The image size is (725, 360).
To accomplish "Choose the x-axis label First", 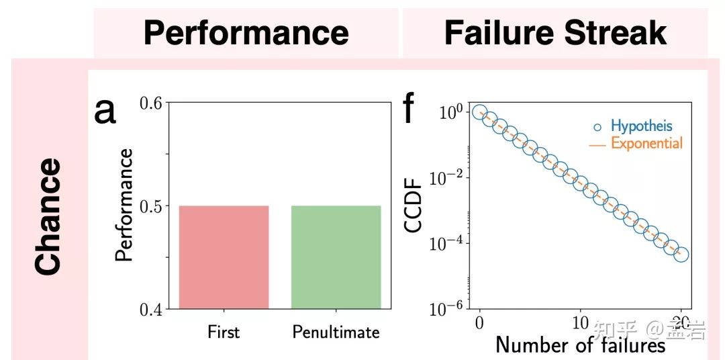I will click(224, 332).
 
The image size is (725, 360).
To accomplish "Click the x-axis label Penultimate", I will click(336, 332).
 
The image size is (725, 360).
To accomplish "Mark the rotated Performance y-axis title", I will click(124, 205).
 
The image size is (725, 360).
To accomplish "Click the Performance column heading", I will click(246, 33).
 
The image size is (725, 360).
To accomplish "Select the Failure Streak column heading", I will click(555, 33).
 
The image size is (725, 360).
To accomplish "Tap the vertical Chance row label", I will click(48, 216).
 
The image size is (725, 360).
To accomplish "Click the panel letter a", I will click(105, 110).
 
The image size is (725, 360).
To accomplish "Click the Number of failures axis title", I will click(580, 345).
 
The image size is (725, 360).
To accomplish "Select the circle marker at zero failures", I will click(479, 112).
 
